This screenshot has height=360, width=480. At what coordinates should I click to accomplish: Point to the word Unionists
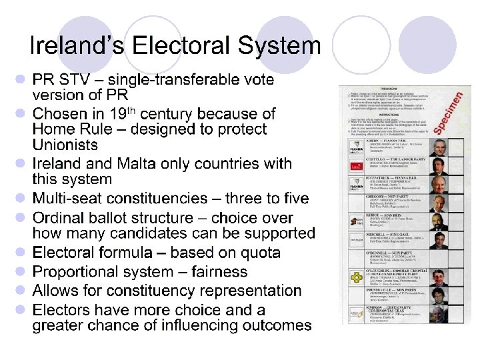pos(65,145)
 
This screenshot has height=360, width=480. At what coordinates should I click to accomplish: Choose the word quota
pos(258,253)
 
